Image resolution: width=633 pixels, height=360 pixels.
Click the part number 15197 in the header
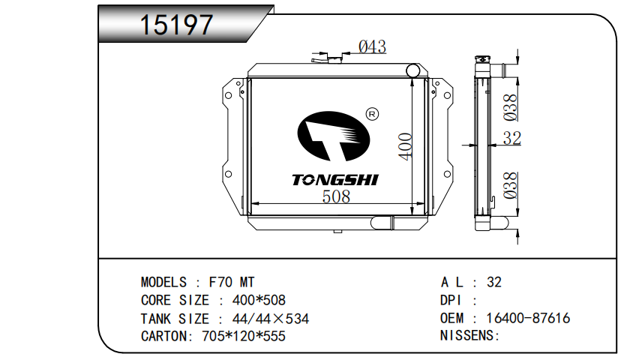click(x=176, y=25)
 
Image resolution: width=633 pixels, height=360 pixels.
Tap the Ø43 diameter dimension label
click(x=372, y=46)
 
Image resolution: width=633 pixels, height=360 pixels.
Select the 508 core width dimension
click(x=336, y=196)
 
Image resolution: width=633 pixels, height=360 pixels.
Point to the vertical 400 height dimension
click(x=405, y=146)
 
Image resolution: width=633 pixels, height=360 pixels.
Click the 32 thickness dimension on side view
click(x=512, y=139)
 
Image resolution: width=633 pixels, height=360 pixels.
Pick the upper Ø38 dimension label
click(x=510, y=107)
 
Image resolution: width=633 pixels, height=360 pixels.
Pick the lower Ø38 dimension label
click(x=510, y=185)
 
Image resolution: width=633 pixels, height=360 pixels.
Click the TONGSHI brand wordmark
click(x=335, y=180)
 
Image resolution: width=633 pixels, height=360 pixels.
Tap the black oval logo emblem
click(x=334, y=136)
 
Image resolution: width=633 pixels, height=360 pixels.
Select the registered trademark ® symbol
click(x=372, y=114)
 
